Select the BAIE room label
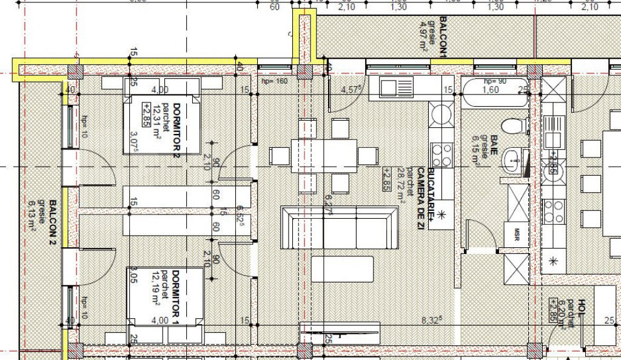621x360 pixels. pyautogui.click(x=494, y=145)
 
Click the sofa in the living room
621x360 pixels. pyautogui.click(x=340, y=227)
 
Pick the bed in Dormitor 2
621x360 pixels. pyautogui.click(x=161, y=124)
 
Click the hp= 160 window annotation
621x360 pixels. pyautogui.click(x=273, y=81)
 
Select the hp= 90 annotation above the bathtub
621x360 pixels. pyautogui.click(x=495, y=81)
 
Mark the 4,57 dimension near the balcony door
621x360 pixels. pyautogui.click(x=352, y=90)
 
